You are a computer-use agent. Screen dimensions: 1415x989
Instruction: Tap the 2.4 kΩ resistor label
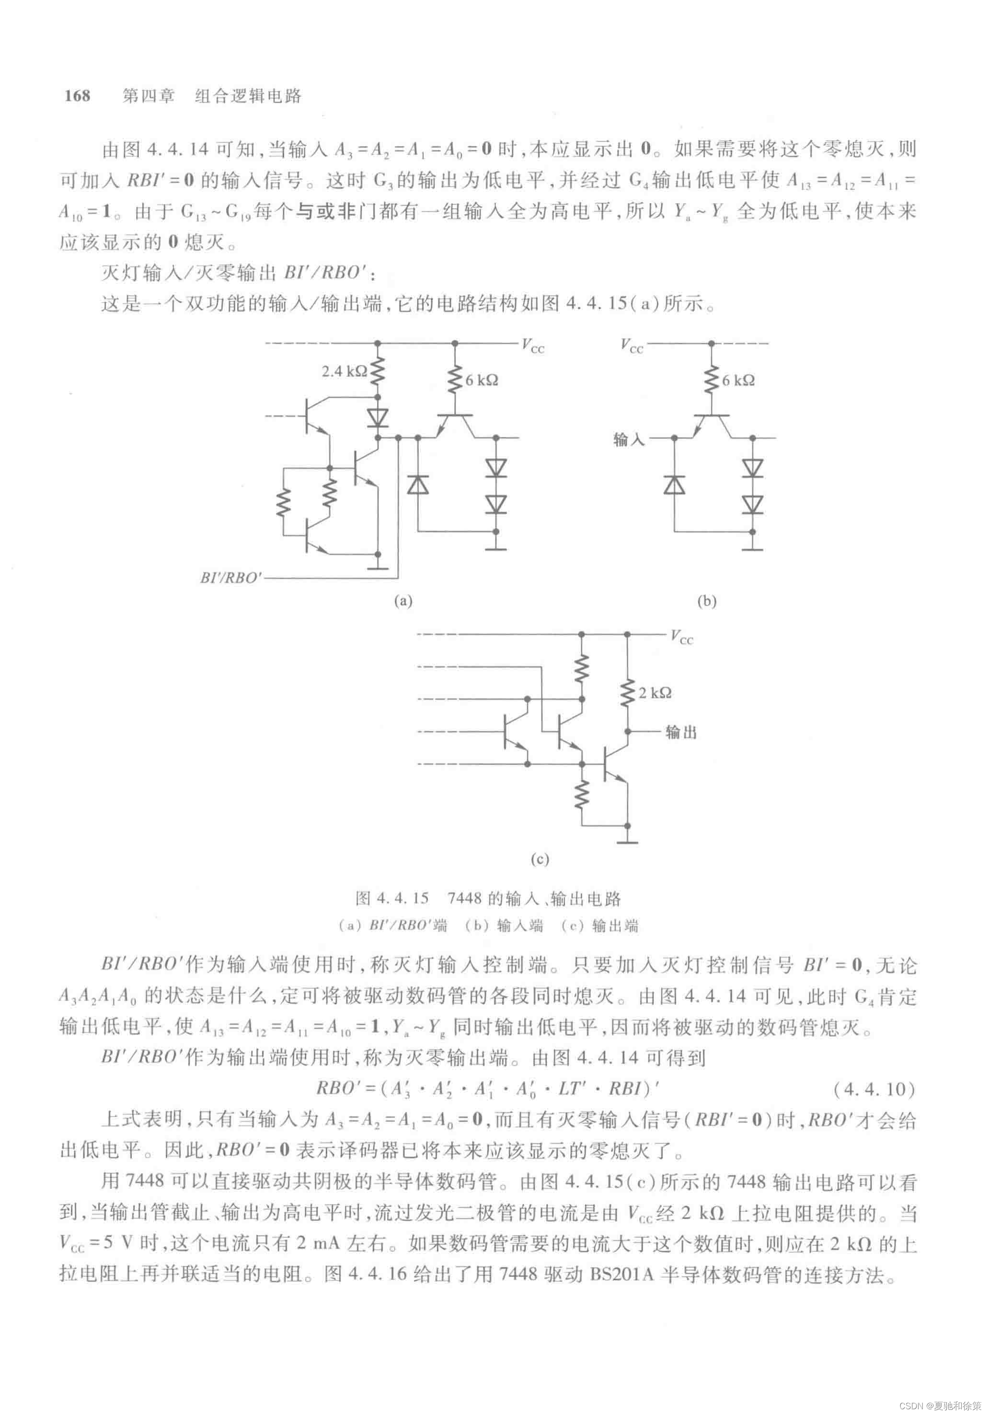pos(344,371)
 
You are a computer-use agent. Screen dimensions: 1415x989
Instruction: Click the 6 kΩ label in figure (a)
pos(481,380)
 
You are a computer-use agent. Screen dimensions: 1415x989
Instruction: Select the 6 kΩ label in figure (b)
pos(738,380)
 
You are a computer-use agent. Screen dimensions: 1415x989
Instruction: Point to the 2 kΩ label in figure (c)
pos(655,693)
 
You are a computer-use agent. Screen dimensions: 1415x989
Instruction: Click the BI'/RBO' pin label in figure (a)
pos(231,577)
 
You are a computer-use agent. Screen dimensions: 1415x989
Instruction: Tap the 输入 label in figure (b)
pos(629,439)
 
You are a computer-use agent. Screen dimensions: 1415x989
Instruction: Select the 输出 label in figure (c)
pos(681,732)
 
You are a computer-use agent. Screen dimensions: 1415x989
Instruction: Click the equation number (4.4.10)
pos(874,1089)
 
